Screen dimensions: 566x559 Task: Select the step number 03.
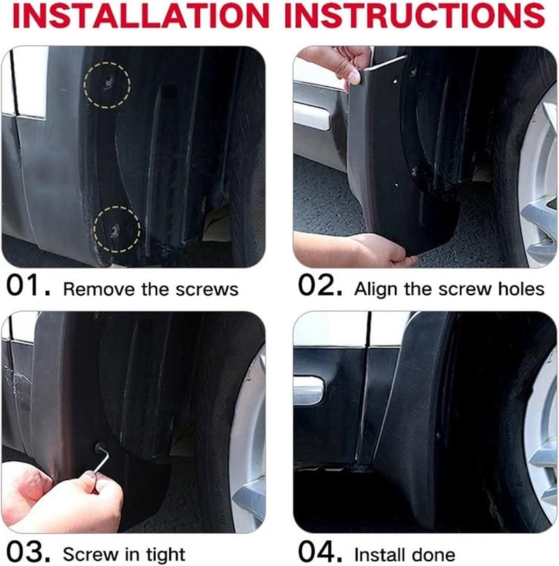click(x=30, y=552)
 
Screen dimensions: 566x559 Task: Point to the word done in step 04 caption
click(x=439, y=554)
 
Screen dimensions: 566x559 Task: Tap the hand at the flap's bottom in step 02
click(x=349, y=249)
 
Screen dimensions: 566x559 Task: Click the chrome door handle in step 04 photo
click(x=308, y=391)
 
